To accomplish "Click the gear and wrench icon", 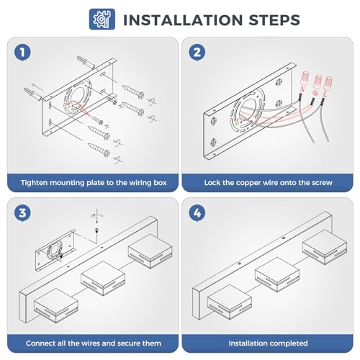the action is tap(102, 19).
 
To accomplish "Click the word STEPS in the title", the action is tap(274, 20).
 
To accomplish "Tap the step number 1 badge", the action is tap(22, 53).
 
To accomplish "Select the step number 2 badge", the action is tap(197, 53).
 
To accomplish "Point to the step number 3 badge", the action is tap(22, 213).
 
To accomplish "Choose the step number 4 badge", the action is tap(197, 213).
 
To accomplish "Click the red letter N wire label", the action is tap(302, 89).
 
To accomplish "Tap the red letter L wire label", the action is tap(325, 94).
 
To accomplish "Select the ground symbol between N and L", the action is tap(315, 92).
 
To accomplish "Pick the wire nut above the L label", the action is tap(328, 83).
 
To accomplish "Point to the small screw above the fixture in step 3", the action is tap(96, 230).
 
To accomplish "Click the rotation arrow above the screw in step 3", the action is tap(96, 215).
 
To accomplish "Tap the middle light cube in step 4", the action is tap(277, 274).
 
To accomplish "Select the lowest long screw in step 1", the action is tap(99, 149).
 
